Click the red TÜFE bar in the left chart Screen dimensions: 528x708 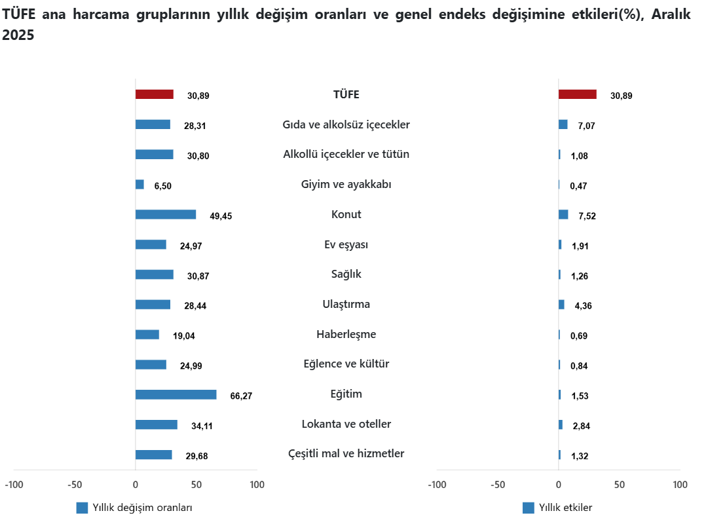(154, 94)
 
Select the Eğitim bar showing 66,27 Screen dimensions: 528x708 (176, 394)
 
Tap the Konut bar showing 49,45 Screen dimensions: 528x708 (165, 214)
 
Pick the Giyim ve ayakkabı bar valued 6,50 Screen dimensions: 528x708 (140, 185)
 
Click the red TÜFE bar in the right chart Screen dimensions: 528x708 (577, 94)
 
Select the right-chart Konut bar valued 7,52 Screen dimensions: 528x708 (563, 214)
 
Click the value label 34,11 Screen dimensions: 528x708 (202, 426)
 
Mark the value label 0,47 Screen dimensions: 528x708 (578, 186)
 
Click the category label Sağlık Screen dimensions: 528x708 (346, 274)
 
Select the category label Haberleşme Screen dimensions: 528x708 (346, 334)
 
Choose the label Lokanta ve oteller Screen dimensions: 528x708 (346, 424)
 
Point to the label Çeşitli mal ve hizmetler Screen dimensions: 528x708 (346, 453)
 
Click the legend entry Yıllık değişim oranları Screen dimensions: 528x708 (142, 508)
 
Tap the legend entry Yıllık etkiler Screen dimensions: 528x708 (565, 508)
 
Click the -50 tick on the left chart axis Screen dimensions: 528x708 (75, 485)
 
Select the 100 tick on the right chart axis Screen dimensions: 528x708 (680, 485)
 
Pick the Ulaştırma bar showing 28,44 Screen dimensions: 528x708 (153, 305)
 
